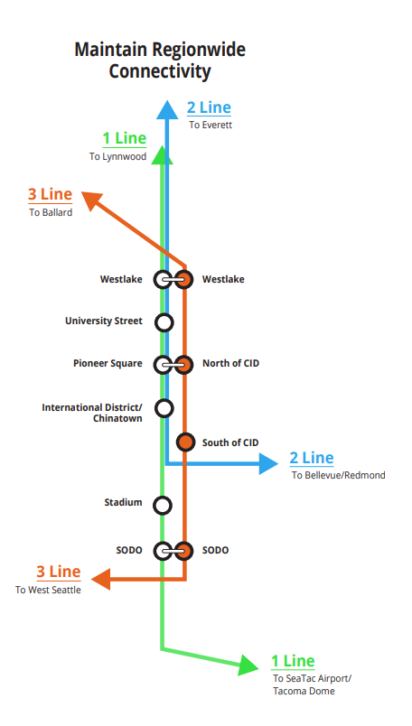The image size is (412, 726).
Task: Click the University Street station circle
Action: pos(164,322)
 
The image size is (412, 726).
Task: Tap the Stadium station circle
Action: pos(163,505)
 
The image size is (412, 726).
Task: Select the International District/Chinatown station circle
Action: pos(164,408)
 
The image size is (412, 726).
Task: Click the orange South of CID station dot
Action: pos(185,442)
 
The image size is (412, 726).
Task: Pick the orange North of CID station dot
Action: pos(184,365)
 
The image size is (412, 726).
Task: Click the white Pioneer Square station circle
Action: pos(163,365)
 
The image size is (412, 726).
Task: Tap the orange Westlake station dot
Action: pos(184,280)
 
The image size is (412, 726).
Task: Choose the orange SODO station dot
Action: pos(184,551)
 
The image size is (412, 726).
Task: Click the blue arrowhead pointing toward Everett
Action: pos(167,110)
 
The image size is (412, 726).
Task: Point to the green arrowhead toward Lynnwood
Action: pos(162,155)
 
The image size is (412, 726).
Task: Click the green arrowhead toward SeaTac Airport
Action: pos(248,665)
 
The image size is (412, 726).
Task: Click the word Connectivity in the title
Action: pos(160,71)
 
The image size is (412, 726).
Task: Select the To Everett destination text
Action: pos(211,125)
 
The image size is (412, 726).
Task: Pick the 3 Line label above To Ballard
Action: pos(50,194)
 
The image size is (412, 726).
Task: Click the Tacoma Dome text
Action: pos(304,692)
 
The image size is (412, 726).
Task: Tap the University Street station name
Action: pos(103,321)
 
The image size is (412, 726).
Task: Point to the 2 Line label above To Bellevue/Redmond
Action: pos(312,458)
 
